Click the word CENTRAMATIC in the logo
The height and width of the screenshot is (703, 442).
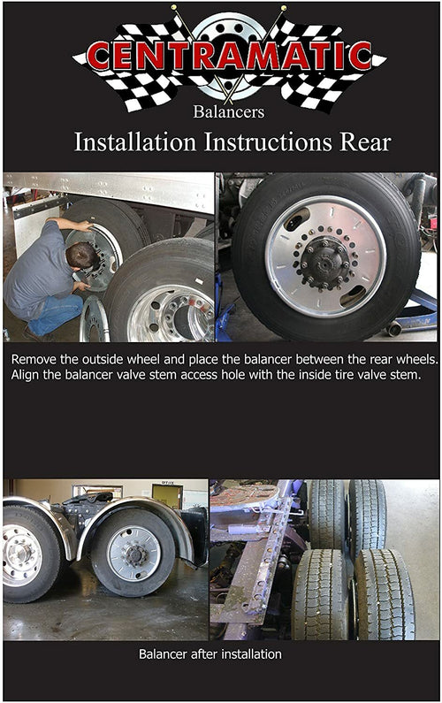point(229,57)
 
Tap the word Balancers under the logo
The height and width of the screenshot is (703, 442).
point(228,111)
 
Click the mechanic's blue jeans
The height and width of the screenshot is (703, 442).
point(53,315)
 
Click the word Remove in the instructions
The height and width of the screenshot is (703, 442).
point(36,360)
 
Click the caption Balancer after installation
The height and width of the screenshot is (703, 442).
point(210,654)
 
